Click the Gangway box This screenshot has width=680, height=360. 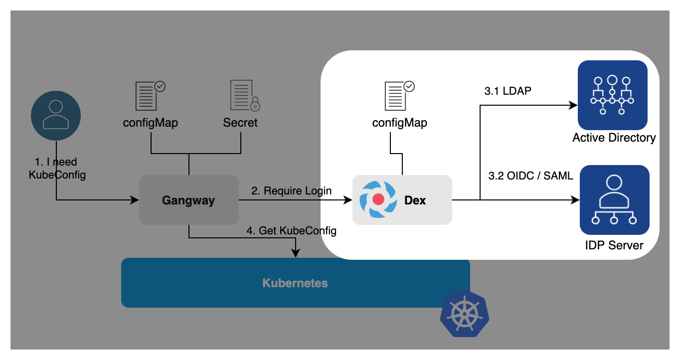[188, 200]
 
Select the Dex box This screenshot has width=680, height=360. [402, 200]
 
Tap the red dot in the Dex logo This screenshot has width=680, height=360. [378, 199]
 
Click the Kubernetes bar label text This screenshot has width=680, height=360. [295, 283]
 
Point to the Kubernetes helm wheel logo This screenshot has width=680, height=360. [465, 313]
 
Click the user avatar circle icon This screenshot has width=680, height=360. [56, 116]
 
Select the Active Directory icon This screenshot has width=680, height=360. [612, 95]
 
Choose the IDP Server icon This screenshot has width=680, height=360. [614, 199]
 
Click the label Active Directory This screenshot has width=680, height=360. [614, 138]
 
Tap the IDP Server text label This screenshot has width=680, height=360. [614, 245]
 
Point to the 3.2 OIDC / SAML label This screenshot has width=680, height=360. [530, 176]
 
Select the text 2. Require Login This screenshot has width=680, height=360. [291, 190]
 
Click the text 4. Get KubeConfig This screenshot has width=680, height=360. [292, 231]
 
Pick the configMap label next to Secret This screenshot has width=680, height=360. [151, 123]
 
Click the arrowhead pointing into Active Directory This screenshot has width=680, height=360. [573, 105]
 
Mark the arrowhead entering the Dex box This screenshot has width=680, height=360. [348, 200]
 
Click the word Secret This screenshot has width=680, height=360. [240, 123]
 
